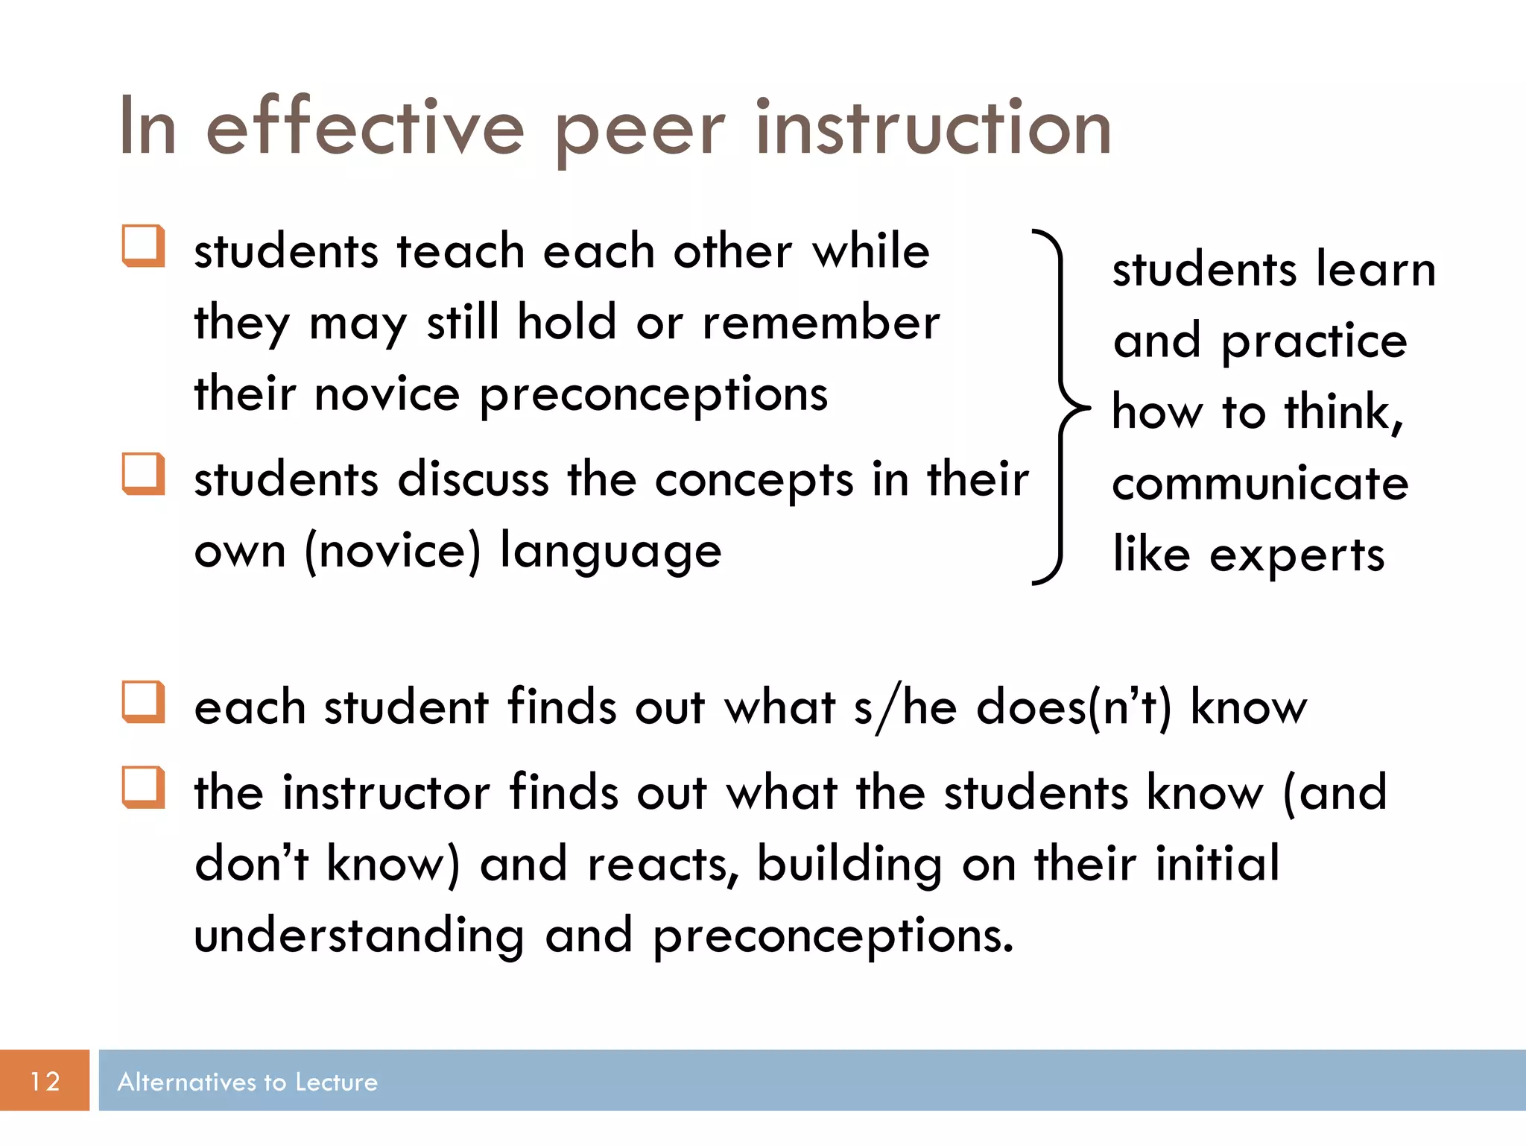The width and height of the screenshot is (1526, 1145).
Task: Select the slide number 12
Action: (x=45, y=1081)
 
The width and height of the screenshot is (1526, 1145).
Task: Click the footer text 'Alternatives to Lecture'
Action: (x=247, y=1082)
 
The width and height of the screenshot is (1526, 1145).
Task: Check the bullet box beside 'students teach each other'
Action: (x=143, y=246)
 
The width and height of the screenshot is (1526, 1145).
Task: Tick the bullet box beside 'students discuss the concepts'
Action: (x=143, y=474)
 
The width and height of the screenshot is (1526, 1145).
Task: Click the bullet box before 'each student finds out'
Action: (x=143, y=702)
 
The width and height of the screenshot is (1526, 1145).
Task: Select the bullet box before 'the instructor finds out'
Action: (x=143, y=788)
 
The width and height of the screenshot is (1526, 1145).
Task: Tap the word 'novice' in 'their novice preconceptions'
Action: (x=387, y=394)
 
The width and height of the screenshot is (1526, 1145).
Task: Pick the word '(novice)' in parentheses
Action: (x=393, y=551)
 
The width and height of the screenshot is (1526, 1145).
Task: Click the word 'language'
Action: (x=610, y=552)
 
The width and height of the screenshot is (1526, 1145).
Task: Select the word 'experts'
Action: (x=1297, y=556)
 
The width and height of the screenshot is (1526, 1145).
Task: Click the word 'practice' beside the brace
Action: (x=1314, y=342)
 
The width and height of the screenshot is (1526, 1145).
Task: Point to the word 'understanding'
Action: (x=359, y=936)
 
